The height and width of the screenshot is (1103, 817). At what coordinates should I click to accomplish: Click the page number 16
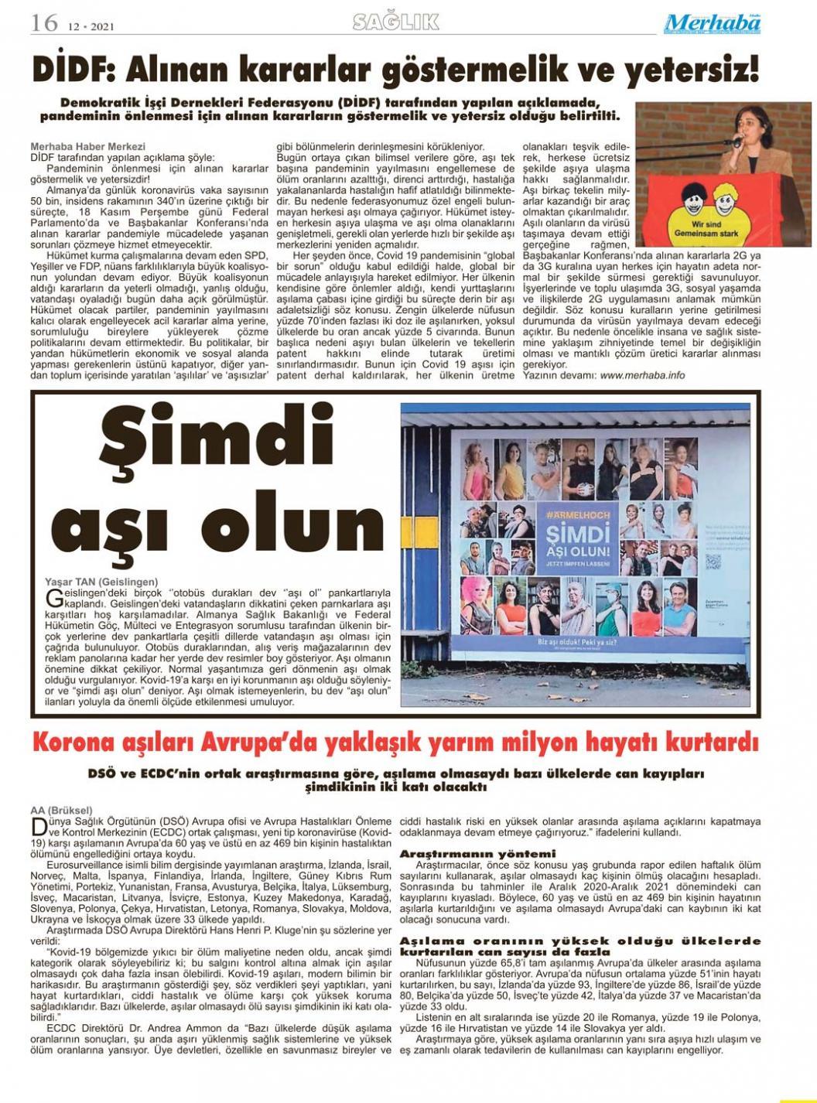(45, 23)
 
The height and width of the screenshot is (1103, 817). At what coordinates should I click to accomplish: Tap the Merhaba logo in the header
(711, 24)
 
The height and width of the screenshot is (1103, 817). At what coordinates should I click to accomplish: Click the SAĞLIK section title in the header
(395, 22)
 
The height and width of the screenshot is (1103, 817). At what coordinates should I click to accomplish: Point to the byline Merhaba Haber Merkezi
(87, 146)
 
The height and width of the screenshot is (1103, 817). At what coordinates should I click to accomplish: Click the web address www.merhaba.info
(642, 375)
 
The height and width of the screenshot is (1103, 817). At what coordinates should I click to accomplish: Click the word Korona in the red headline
(76, 743)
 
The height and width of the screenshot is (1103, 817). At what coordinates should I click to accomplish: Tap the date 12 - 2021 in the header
(91, 26)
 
